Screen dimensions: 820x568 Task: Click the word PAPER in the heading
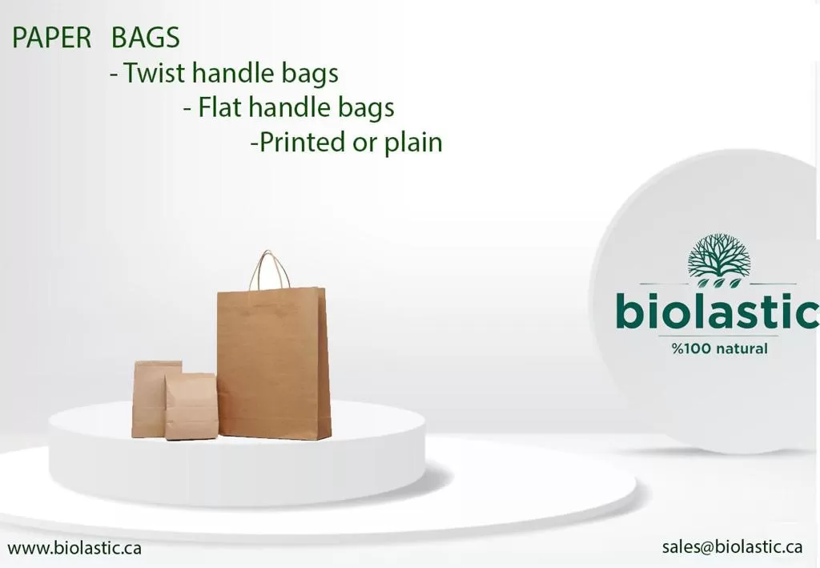52,38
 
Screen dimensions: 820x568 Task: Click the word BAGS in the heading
146,38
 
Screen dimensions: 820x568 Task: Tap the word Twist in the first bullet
155,72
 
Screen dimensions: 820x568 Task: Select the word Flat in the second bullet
219,107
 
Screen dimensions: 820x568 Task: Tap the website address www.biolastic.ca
74,548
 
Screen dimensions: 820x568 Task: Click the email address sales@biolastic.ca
732,546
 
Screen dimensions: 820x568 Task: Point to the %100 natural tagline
720,348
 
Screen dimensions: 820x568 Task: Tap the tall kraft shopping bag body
274,364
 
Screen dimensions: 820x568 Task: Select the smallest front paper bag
191,406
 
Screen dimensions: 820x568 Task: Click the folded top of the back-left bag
158,365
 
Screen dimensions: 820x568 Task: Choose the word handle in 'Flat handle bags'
289,107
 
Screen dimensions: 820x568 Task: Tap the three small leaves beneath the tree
720,283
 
